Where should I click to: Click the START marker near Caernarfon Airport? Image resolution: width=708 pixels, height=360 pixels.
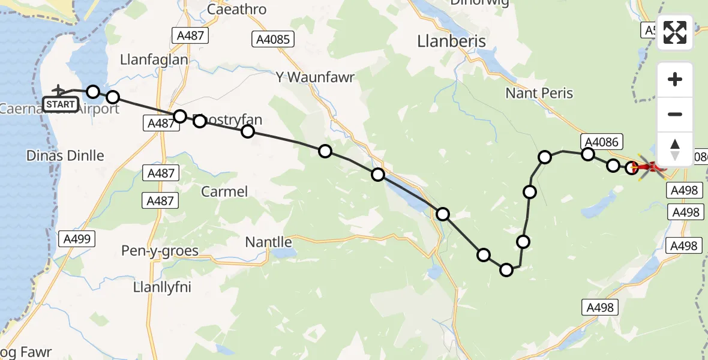pos(61,104)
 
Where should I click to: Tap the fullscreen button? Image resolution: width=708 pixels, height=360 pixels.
pos(675,32)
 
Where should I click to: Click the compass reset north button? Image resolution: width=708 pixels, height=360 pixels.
pos(675,149)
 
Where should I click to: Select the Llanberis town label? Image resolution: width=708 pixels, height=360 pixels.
pos(451,40)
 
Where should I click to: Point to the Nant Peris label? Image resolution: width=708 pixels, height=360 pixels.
pos(539,93)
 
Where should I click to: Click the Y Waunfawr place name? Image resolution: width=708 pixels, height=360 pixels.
pos(315,77)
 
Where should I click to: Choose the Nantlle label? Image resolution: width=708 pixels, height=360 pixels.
pos(268,242)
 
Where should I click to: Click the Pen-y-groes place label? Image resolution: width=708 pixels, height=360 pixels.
pos(160,250)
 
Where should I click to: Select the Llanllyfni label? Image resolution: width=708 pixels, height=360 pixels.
pos(161,287)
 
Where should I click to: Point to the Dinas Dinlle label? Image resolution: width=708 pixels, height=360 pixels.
pos(65,155)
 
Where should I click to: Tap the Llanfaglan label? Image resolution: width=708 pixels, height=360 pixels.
pos(154,60)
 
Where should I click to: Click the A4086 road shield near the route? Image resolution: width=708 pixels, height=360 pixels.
pos(603,142)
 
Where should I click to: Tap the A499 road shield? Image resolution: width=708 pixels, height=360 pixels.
pos(77,239)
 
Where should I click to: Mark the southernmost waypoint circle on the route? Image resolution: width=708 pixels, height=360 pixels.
pos(506,270)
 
